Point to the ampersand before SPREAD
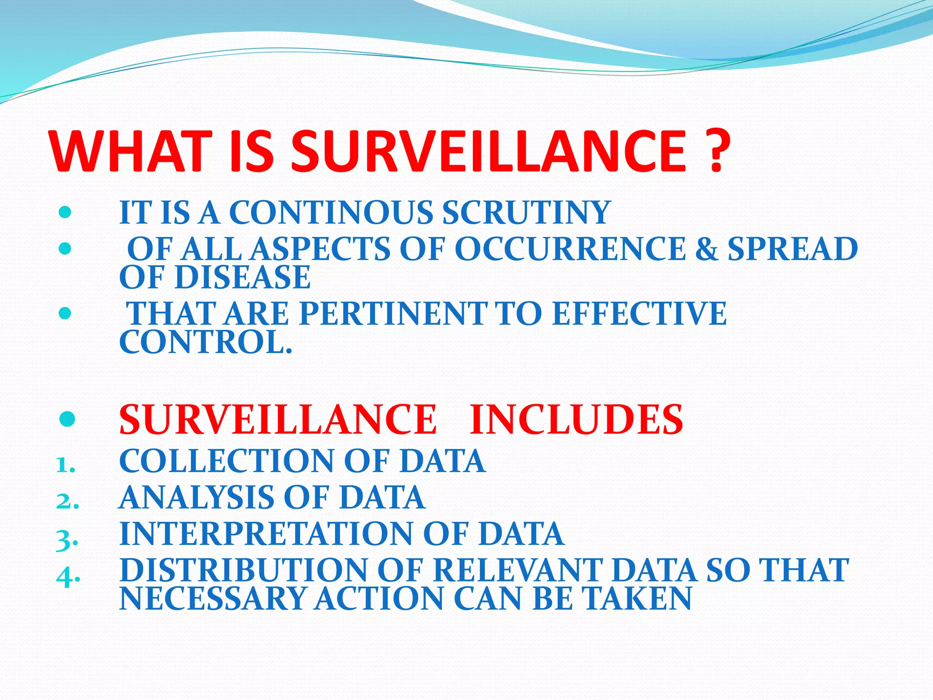[706, 249]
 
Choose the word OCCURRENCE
[570, 249]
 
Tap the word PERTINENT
[393, 314]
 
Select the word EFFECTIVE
[639, 314]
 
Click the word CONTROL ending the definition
[205, 342]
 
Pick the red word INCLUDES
[576, 419]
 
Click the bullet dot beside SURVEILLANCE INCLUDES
[67, 419]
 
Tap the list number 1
[65, 466]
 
